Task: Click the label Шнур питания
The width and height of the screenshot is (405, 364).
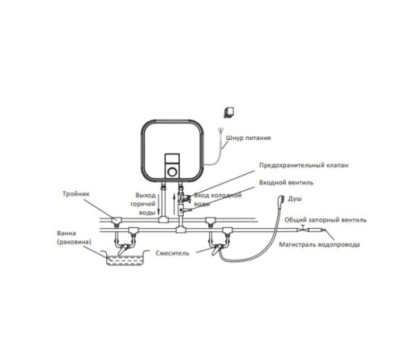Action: [248, 138]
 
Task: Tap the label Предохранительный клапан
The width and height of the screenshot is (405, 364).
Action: [304, 165]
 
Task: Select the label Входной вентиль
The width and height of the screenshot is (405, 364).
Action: [286, 183]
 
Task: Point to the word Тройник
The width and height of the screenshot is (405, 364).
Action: [75, 194]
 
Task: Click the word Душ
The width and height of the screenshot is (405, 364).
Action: [295, 199]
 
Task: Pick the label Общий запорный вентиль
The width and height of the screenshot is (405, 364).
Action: [326, 220]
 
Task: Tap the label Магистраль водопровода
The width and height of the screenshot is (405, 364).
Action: [319, 245]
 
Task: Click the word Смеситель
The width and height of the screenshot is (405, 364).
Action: [173, 253]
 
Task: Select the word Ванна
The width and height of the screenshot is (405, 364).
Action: [66, 233]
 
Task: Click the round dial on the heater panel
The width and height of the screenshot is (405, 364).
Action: [172, 171]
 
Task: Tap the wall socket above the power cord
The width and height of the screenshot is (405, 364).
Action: [228, 112]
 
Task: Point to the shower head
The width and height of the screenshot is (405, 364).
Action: [282, 200]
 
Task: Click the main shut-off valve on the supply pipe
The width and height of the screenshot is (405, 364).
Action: [303, 229]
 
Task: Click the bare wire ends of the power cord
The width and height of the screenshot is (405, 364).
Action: [220, 131]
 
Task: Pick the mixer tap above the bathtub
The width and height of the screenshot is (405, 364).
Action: [124, 248]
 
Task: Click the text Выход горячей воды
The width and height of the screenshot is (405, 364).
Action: [143, 204]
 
